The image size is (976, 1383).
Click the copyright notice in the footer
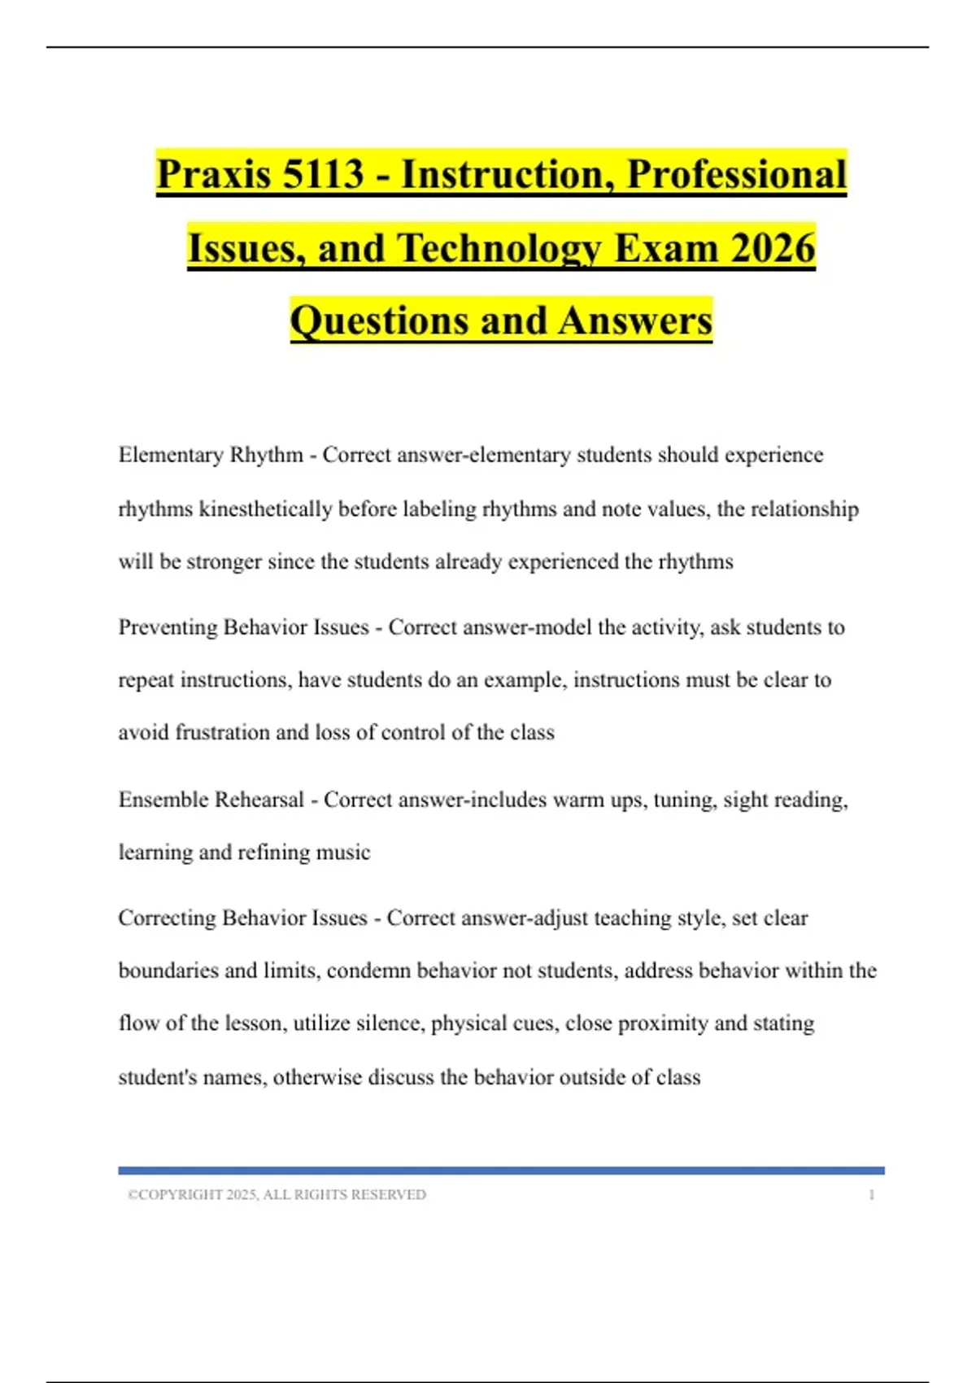pos(277,1194)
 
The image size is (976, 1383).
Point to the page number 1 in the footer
pos(872,1194)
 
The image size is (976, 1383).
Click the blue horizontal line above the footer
pos(501,1170)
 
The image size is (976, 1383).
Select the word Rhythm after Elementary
pos(267,455)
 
